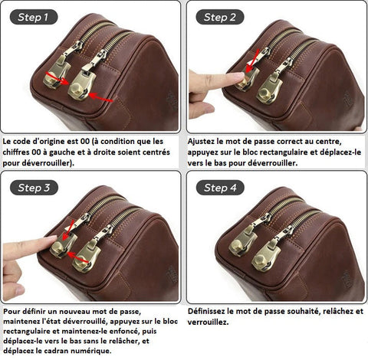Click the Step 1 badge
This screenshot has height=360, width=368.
(x=34, y=17)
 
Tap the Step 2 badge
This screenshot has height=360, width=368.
(x=220, y=17)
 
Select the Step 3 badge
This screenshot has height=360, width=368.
(x=34, y=188)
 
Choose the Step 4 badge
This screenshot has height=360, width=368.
(x=220, y=188)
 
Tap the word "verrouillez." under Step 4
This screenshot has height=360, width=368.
(x=208, y=322)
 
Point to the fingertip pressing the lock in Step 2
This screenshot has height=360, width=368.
(x=239, y=76)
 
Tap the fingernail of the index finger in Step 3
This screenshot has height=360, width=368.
(x=51, y=238)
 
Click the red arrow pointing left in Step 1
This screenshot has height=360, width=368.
(x=100, y=97)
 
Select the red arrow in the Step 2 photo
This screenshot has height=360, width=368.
(x=252, y=61)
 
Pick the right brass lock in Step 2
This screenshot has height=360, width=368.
(x=269, y=89)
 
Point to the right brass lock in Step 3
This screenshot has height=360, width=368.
(x=86, y=256)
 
